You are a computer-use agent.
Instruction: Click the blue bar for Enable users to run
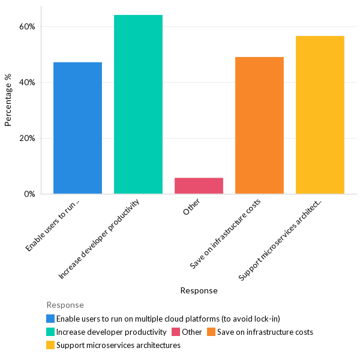(x=77, y=128)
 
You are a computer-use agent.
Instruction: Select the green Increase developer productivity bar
(x=138, y=104)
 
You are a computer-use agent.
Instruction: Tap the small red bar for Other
(x=199, y=186)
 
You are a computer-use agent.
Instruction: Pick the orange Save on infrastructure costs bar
(x=259, y=125)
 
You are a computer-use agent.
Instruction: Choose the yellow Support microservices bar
(x=320, y=115)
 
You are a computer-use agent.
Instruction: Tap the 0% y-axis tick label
(x=29, y=194)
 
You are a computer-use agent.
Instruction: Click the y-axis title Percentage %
(x=8, y=100)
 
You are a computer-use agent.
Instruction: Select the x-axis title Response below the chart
(x=199, y=291)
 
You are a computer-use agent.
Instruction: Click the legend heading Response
(x=65, y=305)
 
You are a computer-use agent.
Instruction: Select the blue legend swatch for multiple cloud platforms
(x=50, y=319)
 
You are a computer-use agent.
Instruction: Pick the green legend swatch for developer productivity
(x=50, y=332)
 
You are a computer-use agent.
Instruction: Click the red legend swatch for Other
(x=176, y=332)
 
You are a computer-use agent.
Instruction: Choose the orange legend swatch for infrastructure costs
(x=211, y=332)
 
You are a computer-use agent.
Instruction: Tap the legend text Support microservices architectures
(x=118, y=346)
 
